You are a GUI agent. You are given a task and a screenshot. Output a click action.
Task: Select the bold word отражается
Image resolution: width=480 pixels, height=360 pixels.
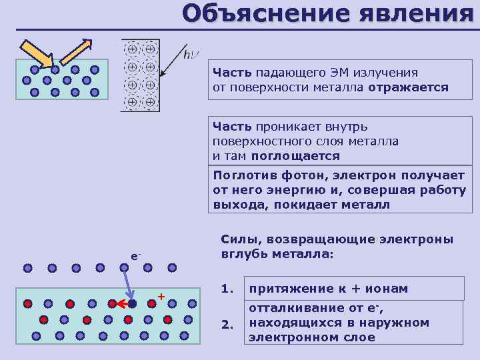(407, 87)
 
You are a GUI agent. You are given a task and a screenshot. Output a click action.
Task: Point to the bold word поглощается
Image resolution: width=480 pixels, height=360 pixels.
(295, 156)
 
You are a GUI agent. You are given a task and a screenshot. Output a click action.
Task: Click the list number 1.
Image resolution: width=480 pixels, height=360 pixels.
(227, 289)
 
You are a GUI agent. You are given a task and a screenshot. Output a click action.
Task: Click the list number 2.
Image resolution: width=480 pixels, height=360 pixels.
(227, 325)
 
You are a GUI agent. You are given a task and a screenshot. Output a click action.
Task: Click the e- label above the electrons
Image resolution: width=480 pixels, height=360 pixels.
(135, 256)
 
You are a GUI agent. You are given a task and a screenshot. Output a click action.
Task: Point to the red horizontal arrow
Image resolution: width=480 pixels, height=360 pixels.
(118, 303)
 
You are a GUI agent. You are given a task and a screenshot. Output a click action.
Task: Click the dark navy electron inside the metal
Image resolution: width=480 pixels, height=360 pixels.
(132, 303)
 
